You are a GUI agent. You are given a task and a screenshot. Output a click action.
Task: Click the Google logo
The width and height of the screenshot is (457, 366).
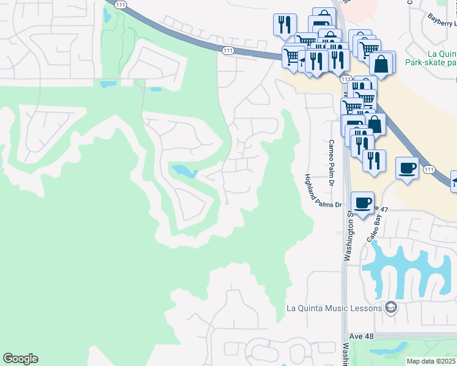pos(20,359)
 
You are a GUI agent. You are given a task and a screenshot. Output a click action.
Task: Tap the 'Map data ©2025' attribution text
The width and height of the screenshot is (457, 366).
pos(431,361)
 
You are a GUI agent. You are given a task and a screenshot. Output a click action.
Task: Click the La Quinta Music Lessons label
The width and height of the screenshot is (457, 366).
pos(334,308)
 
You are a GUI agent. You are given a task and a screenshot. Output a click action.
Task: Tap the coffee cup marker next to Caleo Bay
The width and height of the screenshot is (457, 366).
pos(363,203)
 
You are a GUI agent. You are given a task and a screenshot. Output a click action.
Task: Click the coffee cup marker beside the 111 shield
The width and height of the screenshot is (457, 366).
pos(408,168)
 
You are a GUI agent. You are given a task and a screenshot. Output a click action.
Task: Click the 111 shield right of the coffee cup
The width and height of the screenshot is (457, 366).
pos(429,169)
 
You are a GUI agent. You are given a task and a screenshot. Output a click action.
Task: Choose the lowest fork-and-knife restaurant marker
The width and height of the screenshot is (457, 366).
pos(374,161)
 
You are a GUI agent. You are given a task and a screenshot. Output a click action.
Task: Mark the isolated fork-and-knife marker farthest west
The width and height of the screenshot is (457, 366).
pos(285,25)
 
